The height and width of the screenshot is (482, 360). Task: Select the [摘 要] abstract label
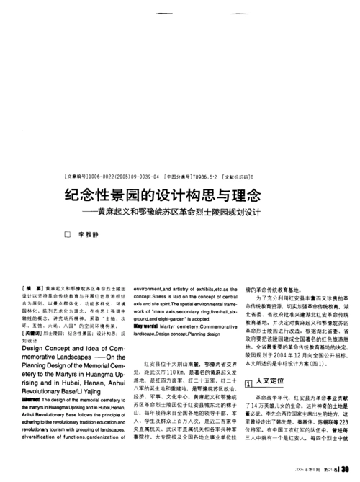tap(35, 287)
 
